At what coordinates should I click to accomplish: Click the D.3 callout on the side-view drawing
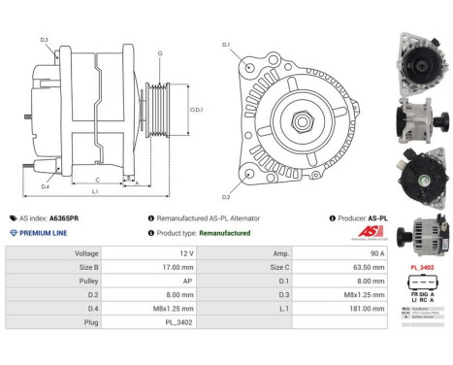pos(45,40)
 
